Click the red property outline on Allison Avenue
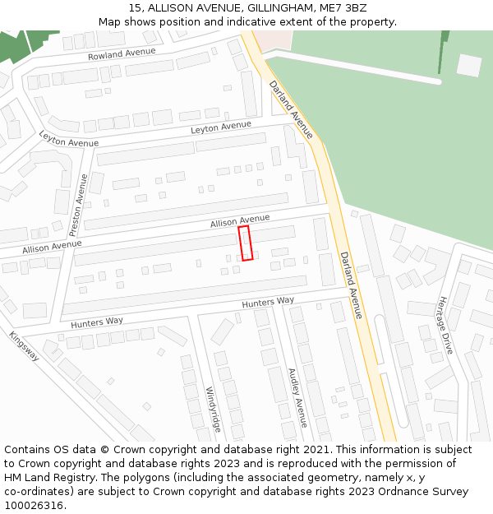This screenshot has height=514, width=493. tap(245, 243)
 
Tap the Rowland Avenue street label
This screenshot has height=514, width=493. tap(122, 53)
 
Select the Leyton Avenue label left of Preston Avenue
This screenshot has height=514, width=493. tap(68, 141)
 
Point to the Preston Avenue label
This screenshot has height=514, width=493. tap(79, 204)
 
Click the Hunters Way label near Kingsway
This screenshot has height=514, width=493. tap(97, 322)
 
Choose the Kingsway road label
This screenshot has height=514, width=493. tap(24, 345)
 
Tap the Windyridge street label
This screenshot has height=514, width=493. tap(213, 409)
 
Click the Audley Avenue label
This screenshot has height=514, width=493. tap(297, 397)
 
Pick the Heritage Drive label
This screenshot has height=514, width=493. tap(445, 325)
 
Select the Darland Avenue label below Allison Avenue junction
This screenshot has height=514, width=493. tap(351, 285)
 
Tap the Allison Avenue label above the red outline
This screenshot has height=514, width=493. tap(240, 221)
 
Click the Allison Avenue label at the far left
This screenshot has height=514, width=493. tap(52, 247)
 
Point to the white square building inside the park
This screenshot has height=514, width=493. tap(469, 65)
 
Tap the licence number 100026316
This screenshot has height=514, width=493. tap(35, 506)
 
